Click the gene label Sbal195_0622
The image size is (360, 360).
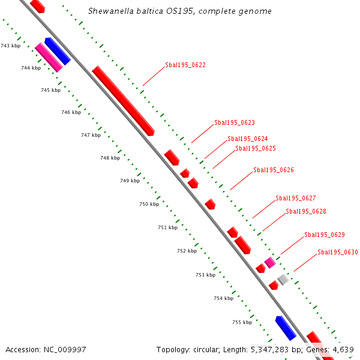coord(185,65)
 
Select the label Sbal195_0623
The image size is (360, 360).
coord(235,122)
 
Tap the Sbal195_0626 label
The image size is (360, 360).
coord(274,170)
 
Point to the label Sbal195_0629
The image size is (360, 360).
coord(325,235)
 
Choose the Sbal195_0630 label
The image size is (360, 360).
coord(338,252)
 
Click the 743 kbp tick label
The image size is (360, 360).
coord(10,46)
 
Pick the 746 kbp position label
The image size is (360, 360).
coord(71,112)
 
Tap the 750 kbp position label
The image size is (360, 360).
coord(149,204)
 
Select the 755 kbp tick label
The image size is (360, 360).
coord(242,322)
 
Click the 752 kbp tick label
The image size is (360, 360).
coord(187,251)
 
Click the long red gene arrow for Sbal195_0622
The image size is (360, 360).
coord(123,101)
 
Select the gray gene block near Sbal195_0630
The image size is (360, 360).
coord(283,279)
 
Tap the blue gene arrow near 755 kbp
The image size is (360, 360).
coord(286,328)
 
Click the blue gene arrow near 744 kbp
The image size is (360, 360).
coord(58,51)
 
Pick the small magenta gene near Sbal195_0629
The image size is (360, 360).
coord(270,262)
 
